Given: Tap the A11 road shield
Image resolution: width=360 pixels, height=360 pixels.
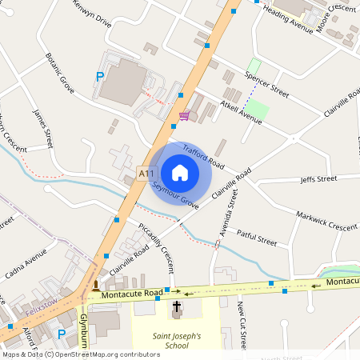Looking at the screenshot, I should pyautogui.click(x=146, y=173).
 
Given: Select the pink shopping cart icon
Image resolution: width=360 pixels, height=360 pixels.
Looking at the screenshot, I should pyautogui.click(x=185, y=116).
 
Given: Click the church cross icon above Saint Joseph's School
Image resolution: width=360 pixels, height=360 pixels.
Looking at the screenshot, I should pyautogui.click(x=177, y=307).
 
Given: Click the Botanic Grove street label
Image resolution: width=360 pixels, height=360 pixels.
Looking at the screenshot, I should pyautogui.click(x=60, y=74).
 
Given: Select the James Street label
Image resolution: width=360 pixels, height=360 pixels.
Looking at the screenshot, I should pyautogui.click(x=42, y=127).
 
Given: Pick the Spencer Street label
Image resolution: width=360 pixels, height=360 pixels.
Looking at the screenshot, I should pyautogui.click(x=266, y=82).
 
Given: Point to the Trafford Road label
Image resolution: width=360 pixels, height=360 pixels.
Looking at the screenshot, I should pyautogui.click(x=203, y=157).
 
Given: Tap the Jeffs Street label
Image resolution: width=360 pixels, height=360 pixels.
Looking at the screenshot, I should pyautogui.click(x=318, y=179).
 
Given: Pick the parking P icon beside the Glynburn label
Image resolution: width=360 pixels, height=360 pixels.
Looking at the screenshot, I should pyautogui.click(x=62, y=334).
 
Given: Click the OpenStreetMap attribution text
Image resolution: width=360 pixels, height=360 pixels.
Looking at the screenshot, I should pyautogui.click(x=81, y=354).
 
